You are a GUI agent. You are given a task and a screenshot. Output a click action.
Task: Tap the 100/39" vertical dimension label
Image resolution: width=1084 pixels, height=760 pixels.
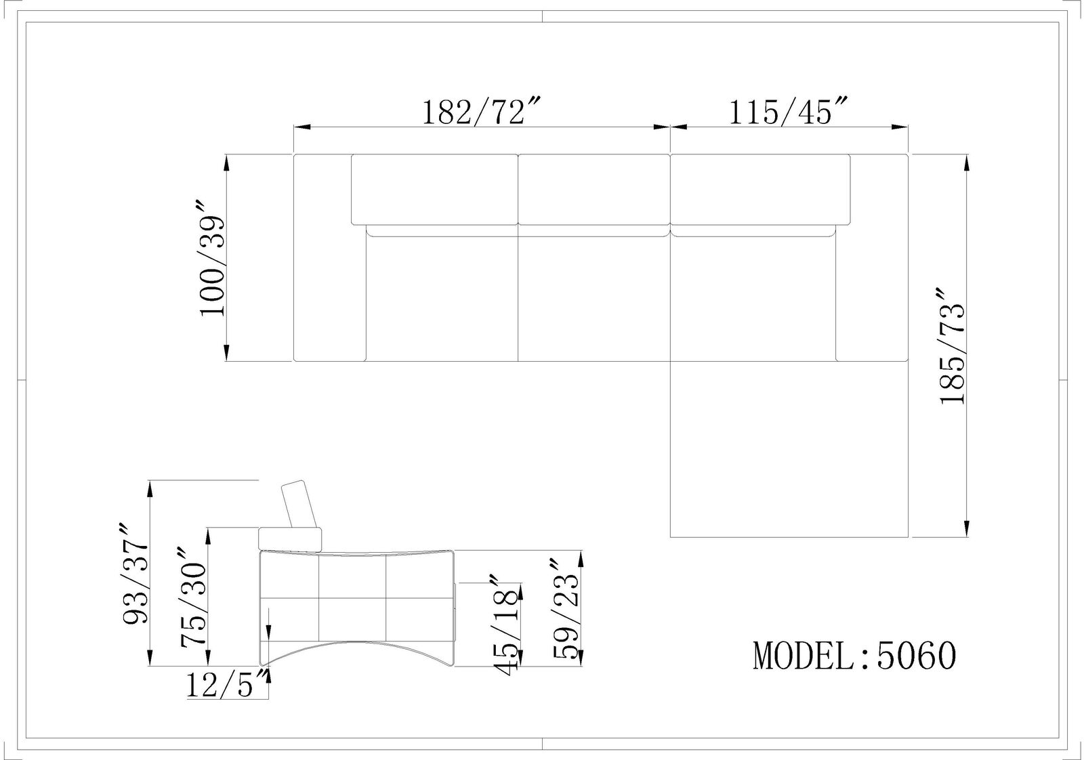212,258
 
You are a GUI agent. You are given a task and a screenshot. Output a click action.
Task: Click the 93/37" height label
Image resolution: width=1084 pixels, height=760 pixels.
135,580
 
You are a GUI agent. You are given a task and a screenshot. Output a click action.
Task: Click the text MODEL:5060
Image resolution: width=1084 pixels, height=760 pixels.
854,656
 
